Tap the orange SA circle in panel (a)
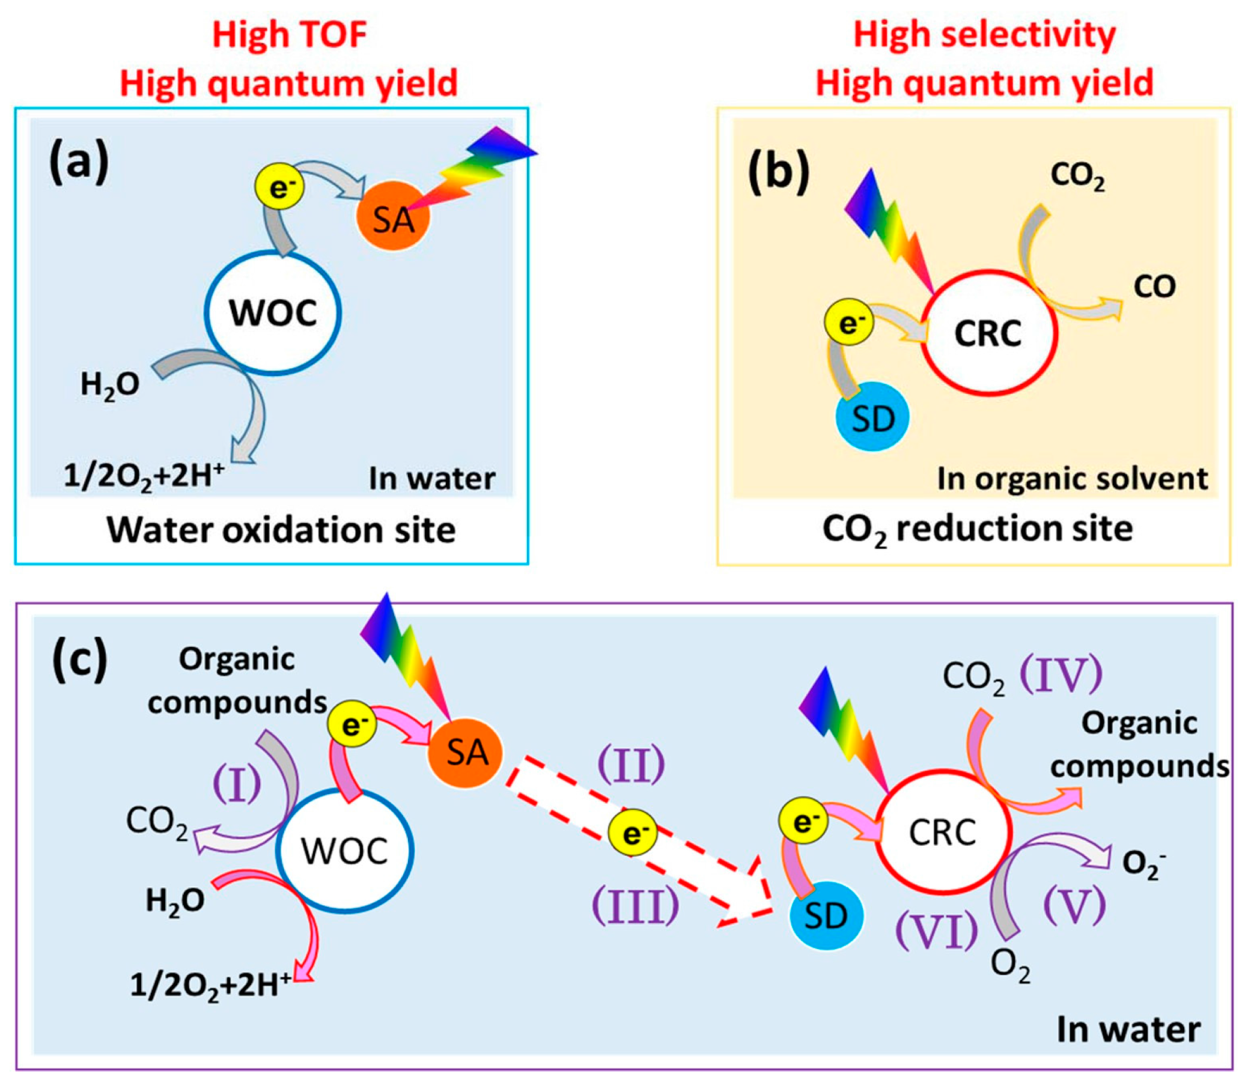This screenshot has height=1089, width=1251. click(x=394, y=216)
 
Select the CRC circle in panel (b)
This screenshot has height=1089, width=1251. click(x=988, y=333)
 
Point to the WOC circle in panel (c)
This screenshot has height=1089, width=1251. click(x=345, y=851)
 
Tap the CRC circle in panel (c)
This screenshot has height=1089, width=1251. click(x=943, y=833)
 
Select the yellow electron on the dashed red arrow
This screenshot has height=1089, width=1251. click(x=633, y=833)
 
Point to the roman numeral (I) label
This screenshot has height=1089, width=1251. click(x=237, y=784)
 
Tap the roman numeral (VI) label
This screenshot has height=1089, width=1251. click(x=937, y=932)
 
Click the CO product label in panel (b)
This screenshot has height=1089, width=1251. click(x=1154, y=287)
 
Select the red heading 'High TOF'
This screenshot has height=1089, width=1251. click(x=290, y=34)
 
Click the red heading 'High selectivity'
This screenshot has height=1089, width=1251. click(x=984, y=34)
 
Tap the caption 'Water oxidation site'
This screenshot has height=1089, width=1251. click(x=281, y=530)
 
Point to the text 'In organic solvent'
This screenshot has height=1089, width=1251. click(x=1073, y=479)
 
